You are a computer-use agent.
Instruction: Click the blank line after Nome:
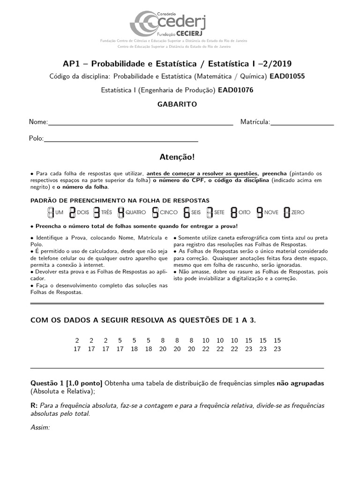[141, 124]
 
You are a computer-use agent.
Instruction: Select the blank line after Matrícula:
[302, 124]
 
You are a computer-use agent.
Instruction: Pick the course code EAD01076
[235, 90]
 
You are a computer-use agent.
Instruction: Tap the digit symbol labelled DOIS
[72, 212]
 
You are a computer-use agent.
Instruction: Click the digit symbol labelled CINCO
[155, 212]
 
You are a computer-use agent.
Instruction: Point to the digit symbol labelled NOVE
[259, 212]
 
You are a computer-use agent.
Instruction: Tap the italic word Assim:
[40, 427]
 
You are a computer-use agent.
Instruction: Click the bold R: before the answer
[34, 405]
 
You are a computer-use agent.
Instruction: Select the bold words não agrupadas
[307, 383]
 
